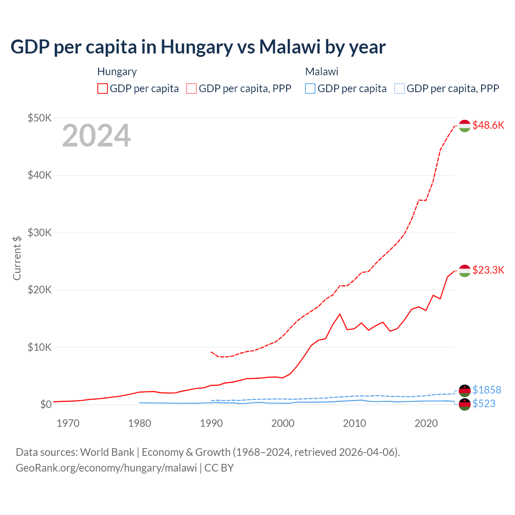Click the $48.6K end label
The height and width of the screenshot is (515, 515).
click(488, 125)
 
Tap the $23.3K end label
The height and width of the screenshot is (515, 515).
click(488, 270)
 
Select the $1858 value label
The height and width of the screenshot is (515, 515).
click(486, 390)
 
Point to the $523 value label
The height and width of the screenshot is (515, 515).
click(484, 404)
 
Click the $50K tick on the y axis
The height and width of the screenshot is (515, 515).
click(39, 118)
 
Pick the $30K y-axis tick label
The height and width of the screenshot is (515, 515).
click(39, 233)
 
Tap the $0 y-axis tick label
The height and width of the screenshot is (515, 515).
click(45, 404)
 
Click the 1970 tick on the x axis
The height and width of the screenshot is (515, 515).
click(68, 423)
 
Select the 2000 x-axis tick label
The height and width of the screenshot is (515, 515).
click(283, 423)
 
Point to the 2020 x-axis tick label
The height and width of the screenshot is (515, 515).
click(426, 423)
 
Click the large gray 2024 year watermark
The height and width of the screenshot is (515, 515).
click(96, 136)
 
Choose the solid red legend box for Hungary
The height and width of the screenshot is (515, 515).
click(103, 89)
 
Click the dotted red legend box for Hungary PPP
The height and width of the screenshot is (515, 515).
click(192, 89)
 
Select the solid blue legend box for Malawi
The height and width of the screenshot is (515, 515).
click(310, 89)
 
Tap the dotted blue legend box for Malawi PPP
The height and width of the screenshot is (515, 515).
click(400, 89)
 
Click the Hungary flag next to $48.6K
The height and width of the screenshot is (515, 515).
click(465, 126)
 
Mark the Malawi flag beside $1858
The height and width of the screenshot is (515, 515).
click(465, 390)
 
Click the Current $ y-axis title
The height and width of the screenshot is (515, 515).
click(16, 258)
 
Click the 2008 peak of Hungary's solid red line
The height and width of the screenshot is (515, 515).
click(340, 314)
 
